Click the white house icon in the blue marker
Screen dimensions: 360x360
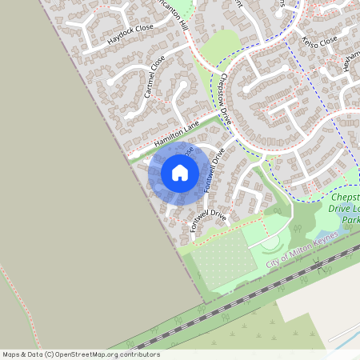[179, 173]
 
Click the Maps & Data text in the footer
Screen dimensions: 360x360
[22, 354]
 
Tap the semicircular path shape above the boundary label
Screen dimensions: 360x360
[271, 242]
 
